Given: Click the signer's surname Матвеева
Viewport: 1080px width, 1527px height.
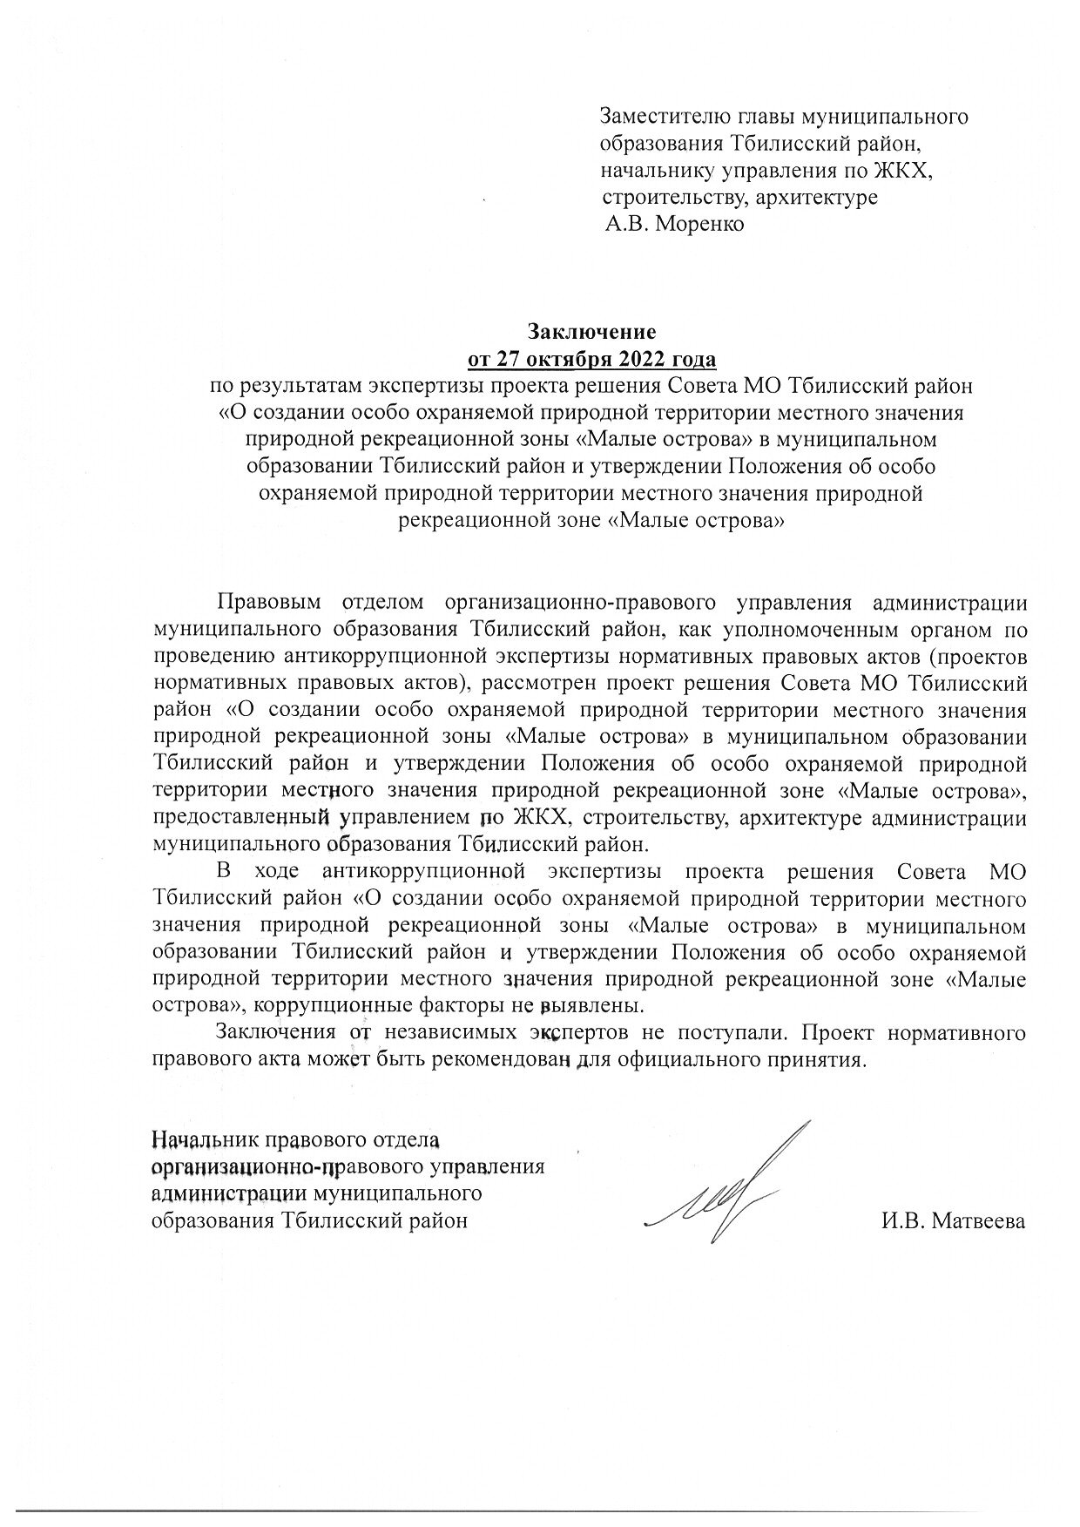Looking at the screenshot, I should (978, 1220).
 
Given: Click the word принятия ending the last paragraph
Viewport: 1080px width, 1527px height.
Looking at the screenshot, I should (822, 1059).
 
